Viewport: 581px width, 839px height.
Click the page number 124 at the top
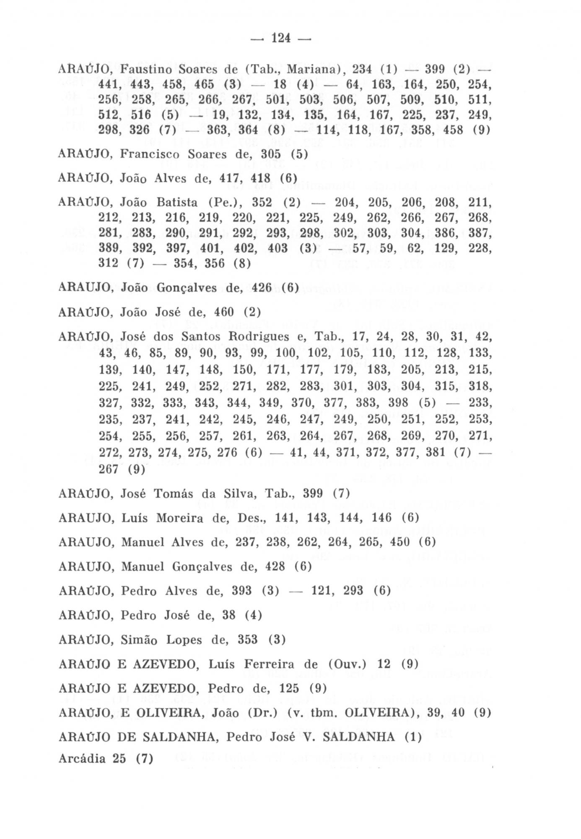pos(281,39)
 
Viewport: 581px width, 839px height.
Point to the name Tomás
pos(172,494)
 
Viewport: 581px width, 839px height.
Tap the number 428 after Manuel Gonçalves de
pos(275,567)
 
